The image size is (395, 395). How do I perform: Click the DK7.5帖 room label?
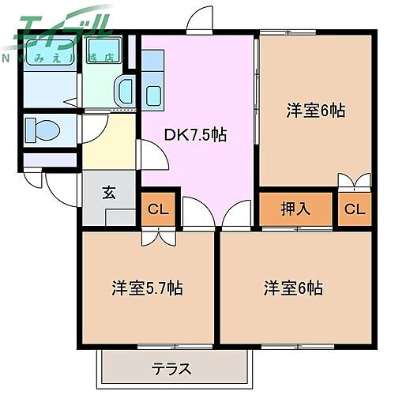tap(194, 135)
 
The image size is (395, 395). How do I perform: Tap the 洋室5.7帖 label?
tap(147, 288)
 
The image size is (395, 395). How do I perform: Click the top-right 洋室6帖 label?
tap(316, 111)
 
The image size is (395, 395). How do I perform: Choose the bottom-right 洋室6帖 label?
tap(293, 288)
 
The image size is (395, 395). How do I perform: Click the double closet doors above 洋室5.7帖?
tap(150, 237)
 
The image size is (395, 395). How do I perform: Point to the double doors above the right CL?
tap(355, 182)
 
